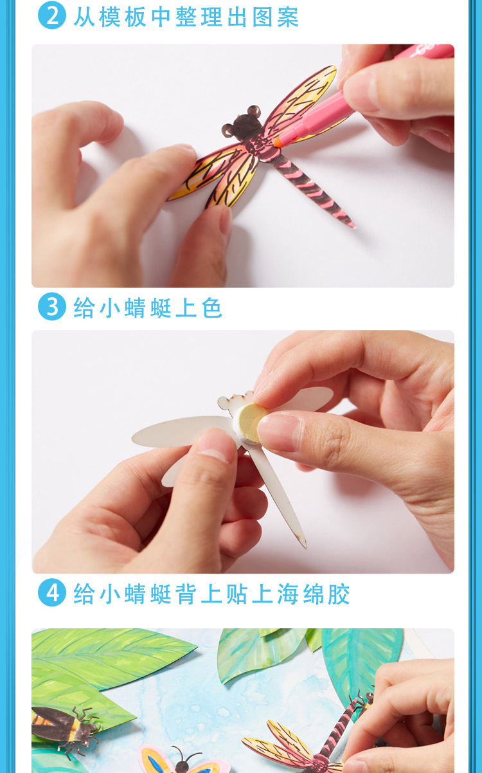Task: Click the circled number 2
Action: [x=52, y=15]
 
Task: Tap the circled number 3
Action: [x=52, y=307]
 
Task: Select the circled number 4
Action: [x=52, y=593]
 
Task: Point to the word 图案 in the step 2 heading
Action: [x=276, y=16]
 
